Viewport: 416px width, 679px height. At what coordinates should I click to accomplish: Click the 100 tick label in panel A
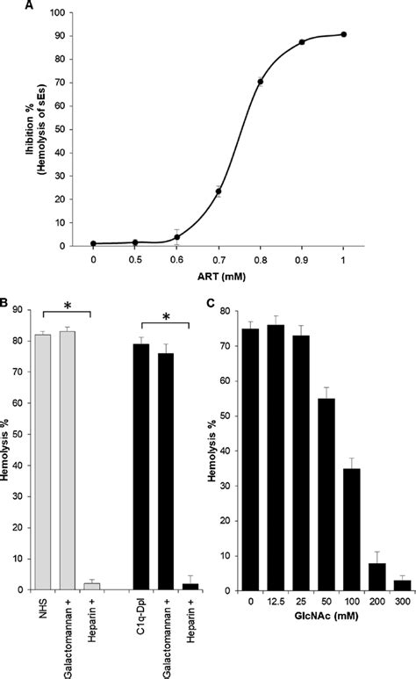point(58,14)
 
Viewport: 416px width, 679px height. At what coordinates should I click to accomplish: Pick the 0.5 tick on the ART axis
point(135,261)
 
